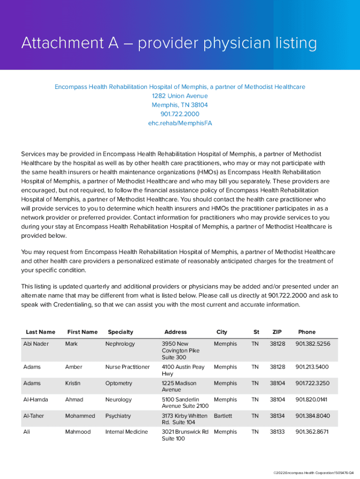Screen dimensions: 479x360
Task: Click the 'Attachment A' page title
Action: [x=169, y=44]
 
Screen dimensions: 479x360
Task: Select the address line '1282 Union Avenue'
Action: [x=180, y=96]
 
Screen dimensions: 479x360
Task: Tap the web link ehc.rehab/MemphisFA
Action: [x=180, y=123]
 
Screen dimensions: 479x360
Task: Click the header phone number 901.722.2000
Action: [x=180, y=114]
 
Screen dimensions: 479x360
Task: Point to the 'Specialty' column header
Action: [x=120, y=332]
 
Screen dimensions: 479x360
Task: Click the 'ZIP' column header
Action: [x=277, y=332]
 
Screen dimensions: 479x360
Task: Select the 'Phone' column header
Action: [x=307, y=332]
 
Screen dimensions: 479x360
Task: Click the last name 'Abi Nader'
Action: [x=36, y=344]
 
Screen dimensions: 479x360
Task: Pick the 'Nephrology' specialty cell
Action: [x=120, y=344]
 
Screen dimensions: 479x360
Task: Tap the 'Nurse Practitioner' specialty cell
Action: [x=127, y=367]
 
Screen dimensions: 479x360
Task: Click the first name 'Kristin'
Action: [x=72, y=383]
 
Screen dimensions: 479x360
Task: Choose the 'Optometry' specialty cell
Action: [x=119, y=383]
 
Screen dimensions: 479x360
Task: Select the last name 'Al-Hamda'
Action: [x=36, y=399]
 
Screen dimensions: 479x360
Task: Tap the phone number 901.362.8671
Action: [x=312, y=432]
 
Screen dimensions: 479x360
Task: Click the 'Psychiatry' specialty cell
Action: [x=118, y=416]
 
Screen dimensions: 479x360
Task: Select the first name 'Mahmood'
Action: [x=78, y=432]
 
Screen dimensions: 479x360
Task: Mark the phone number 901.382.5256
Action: [x=312, y=344]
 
